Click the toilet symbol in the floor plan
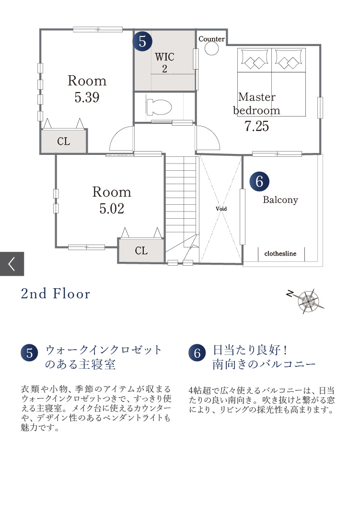click(x=159, y=107)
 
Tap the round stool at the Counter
click(x=211, y=49)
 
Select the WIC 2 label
click(x=164, y=62)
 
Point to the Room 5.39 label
click(x=87, y=89)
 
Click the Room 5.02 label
click(x=112, y=200)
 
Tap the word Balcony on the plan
click(x=280, y=199)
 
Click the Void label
click(x=221, y=209)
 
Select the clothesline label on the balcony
click(x=280, y=254)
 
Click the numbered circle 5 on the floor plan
click(x=142, y=41)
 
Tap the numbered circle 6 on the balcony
click(x=259, y=181)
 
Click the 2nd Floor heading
click(x=56, y=293)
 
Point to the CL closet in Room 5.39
click(x=64, y=141)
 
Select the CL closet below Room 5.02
click(x=141, y=250)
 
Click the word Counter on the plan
click(x=211, y=39)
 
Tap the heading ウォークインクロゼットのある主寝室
click(x=103, y=357)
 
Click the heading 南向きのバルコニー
click(x=264, y=364)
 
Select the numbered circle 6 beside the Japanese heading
click(x=197, y=353)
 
